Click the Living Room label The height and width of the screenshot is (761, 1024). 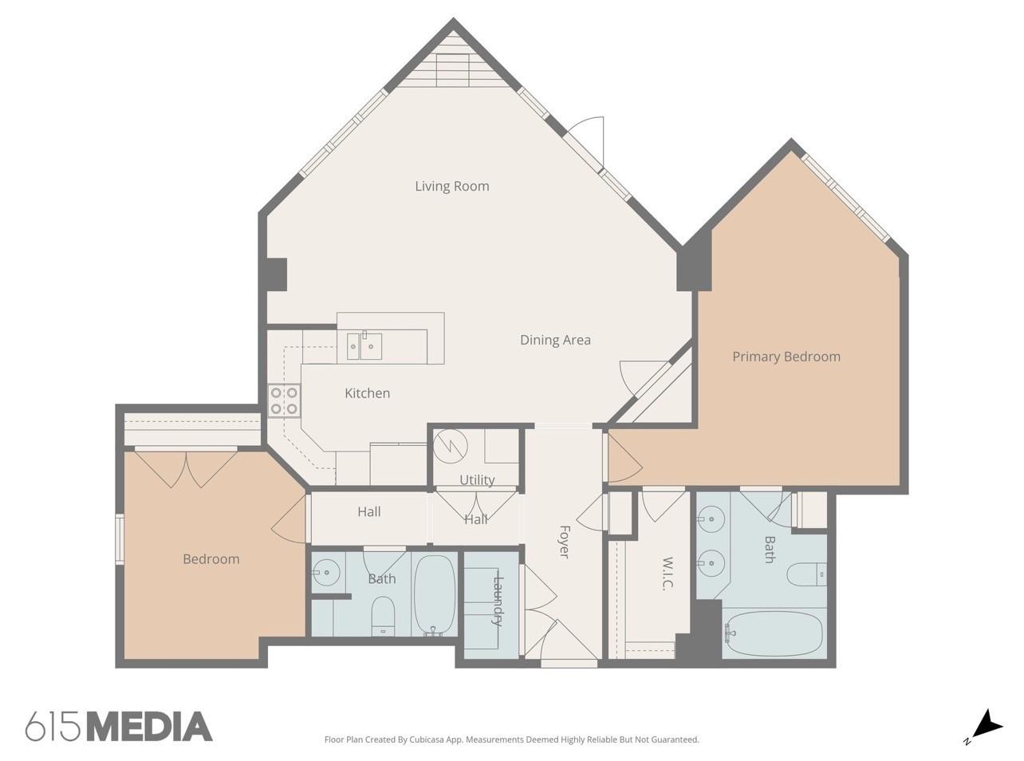452,186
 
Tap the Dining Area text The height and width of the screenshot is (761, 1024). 555,340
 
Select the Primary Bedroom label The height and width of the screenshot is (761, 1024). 786,357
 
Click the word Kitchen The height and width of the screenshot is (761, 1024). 368,393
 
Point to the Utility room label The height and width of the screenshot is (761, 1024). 477,479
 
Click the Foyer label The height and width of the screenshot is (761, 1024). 564,542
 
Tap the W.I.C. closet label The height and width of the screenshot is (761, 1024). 668,573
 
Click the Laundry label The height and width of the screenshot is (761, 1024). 498,601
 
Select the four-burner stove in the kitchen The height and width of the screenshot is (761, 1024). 284,400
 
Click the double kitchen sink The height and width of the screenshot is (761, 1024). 364,346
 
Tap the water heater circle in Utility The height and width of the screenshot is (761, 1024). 451,447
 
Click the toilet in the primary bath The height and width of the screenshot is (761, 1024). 806,575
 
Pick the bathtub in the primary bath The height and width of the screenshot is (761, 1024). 772,633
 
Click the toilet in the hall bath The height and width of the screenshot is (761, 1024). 383,617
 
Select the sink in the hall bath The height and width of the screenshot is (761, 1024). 325,573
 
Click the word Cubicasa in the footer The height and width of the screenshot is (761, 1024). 427,739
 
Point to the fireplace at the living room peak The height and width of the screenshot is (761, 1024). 452,69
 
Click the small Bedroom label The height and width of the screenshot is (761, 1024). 211,559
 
